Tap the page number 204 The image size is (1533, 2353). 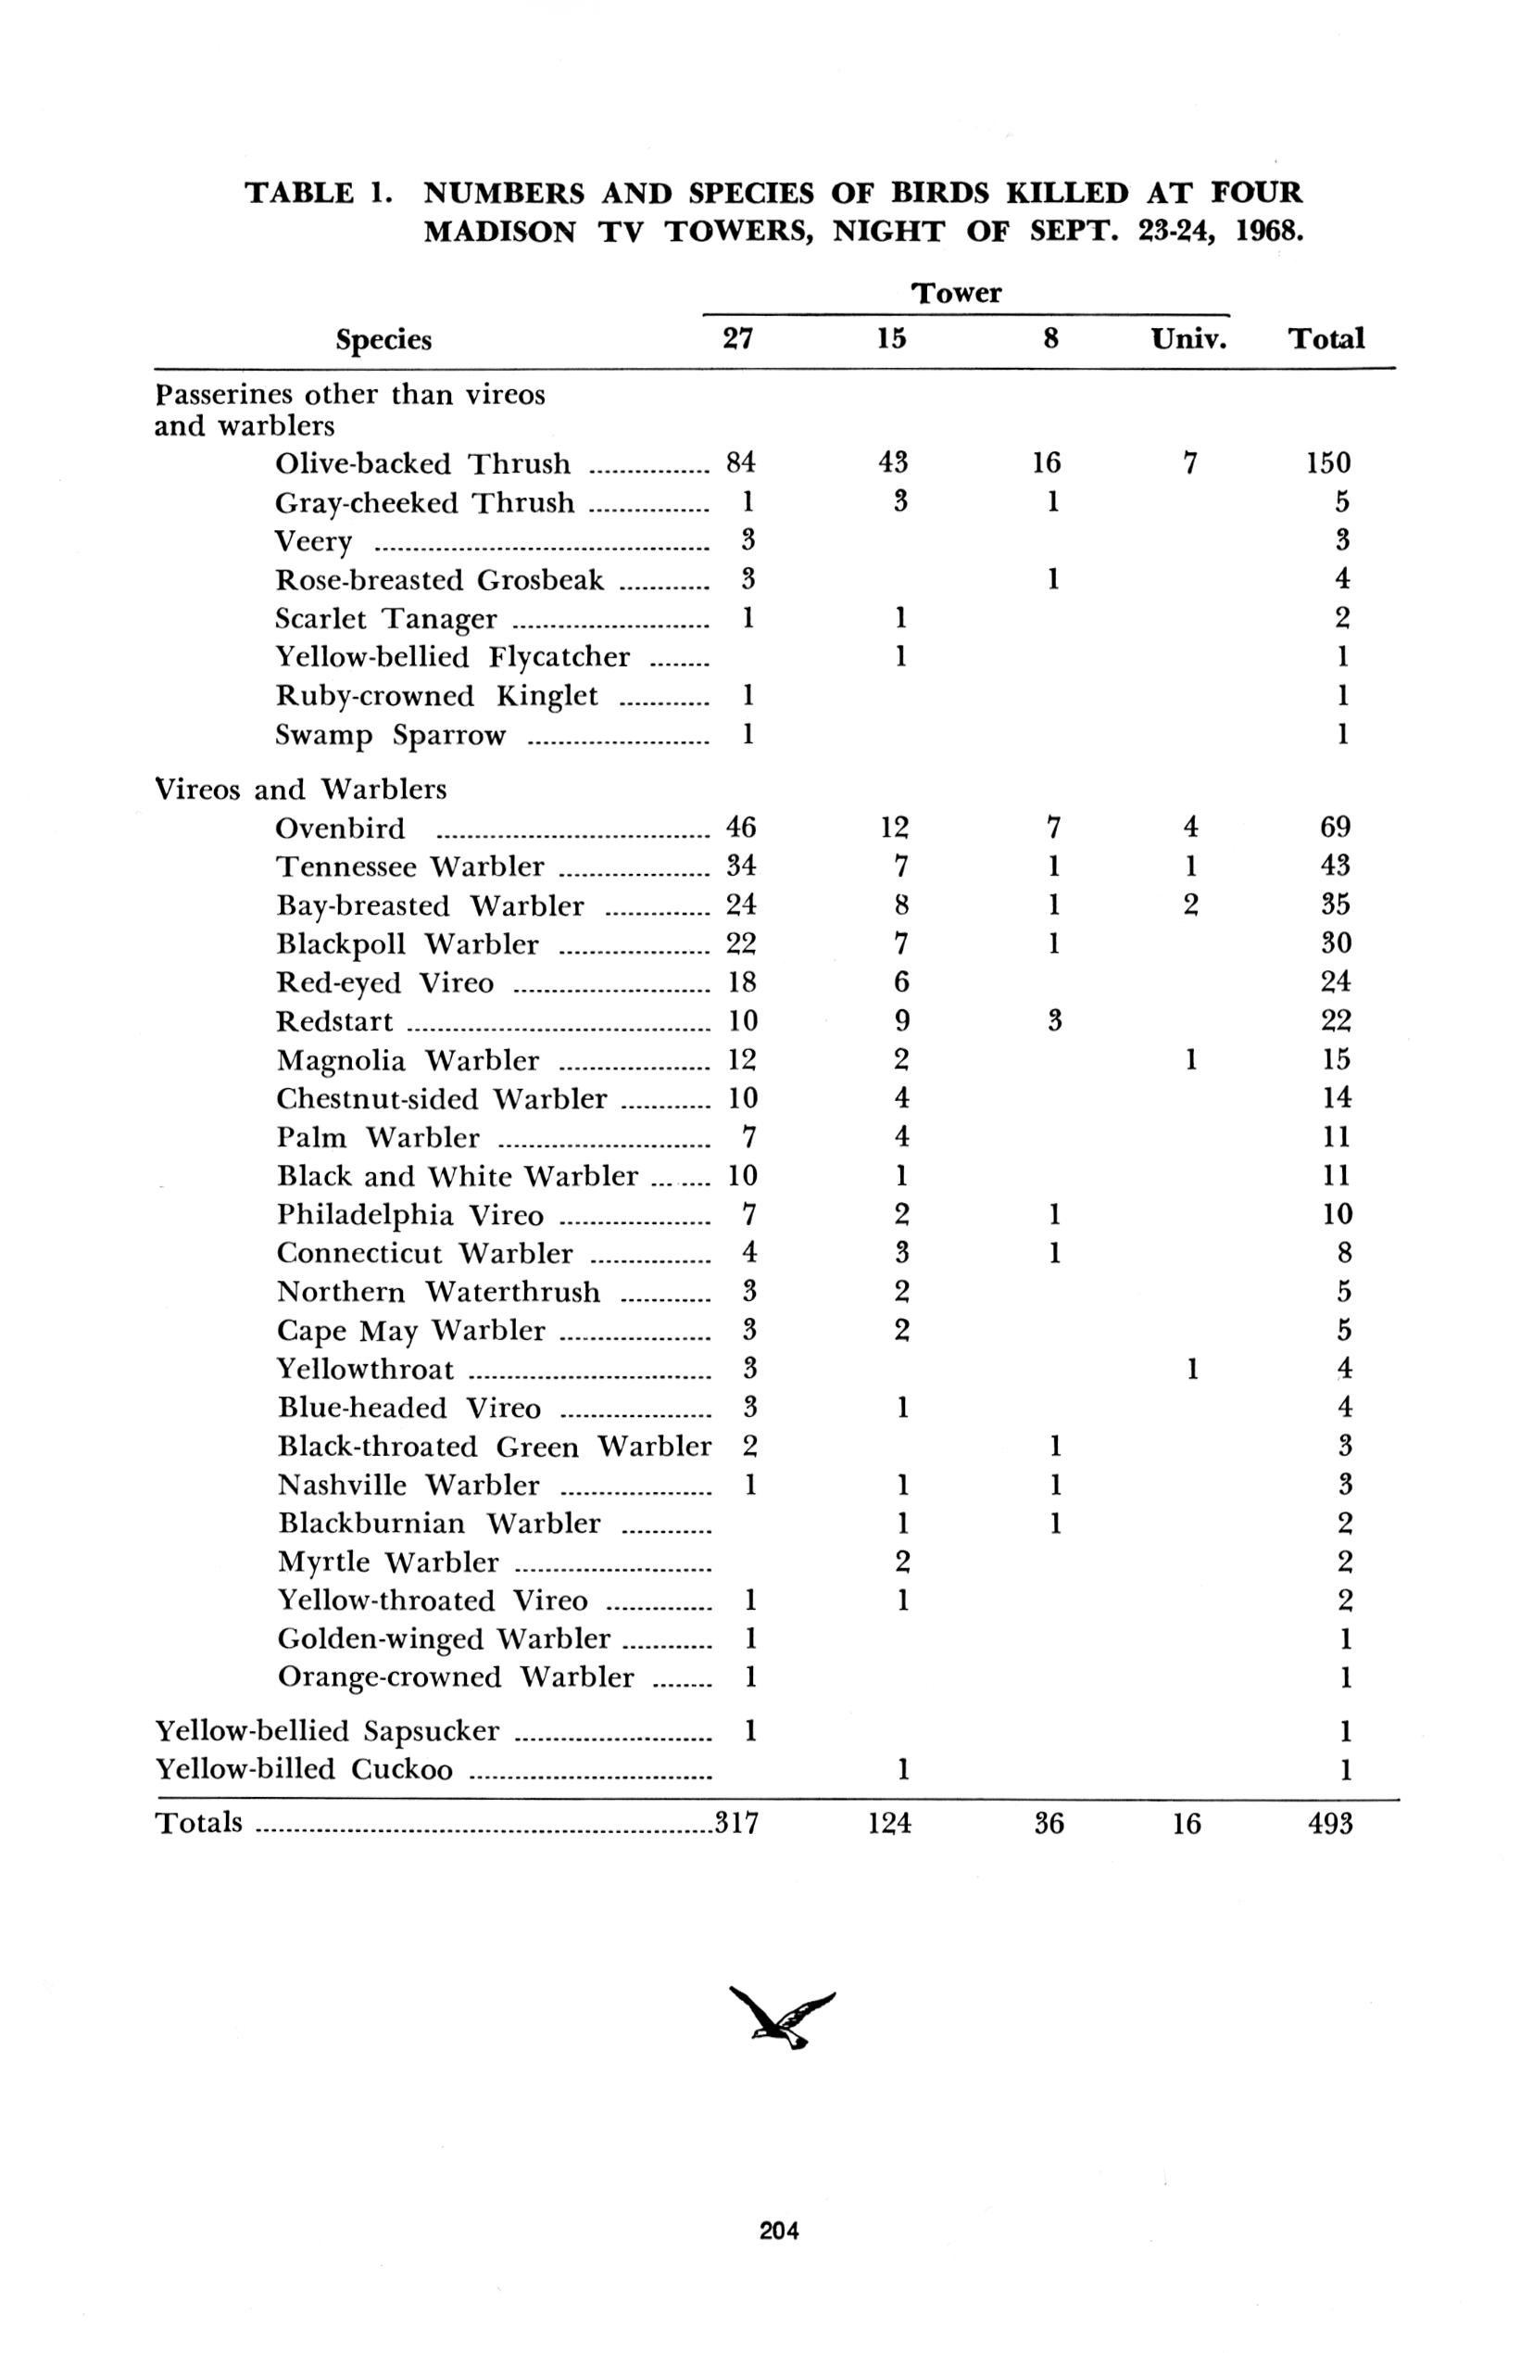779,2231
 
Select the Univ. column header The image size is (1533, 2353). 1188,339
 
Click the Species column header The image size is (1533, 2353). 383,340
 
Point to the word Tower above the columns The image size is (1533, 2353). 956,293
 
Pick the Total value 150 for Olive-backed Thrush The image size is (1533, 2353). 1326,462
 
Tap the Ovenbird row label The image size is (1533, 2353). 341,828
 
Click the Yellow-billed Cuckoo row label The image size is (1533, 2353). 305,1769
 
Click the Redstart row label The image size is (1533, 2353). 334,1020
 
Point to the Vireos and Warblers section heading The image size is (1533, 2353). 300,789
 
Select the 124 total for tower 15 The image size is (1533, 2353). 889,1822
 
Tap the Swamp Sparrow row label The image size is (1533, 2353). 389,736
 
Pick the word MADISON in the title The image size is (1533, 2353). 499,232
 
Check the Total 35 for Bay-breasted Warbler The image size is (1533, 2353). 1335,905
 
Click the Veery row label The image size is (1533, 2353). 313,542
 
